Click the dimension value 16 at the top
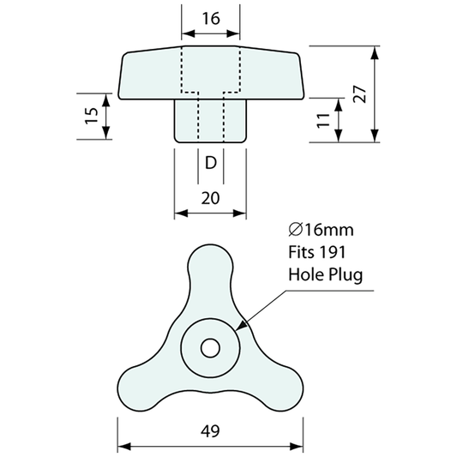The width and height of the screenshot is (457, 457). (x=211, y=18)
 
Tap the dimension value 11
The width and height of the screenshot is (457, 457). (x=322, y=120)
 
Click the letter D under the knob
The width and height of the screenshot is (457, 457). (x=211, y=162)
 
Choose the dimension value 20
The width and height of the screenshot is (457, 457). (x=211, y=197)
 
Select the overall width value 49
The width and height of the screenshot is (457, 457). (x=211, y=431)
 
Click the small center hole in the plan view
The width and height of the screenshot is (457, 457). (x=210, y=347)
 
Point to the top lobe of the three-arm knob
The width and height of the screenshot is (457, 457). (x=209, y=266)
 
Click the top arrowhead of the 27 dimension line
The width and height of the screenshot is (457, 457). (x=374, y=51)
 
